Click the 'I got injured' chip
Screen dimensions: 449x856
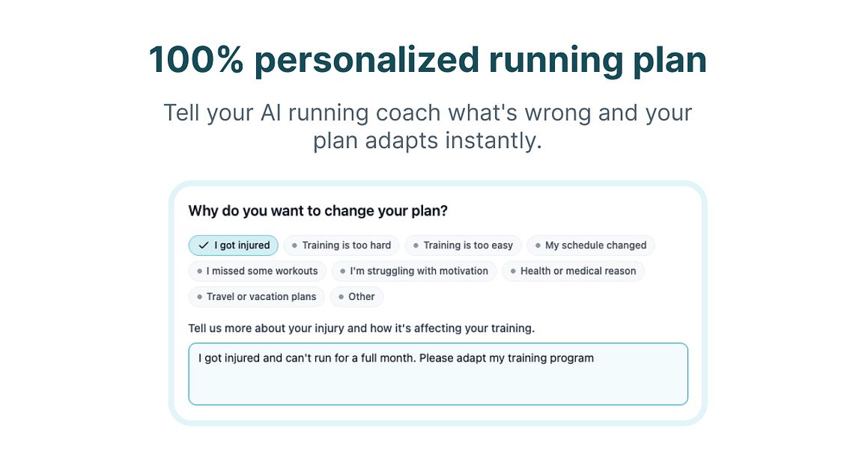(x=233, y=245)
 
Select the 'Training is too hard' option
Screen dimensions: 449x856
(x=342, y=245)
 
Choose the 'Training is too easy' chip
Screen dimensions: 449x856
(x=463, y=245)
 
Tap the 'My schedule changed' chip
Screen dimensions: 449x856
(x=591, y=245)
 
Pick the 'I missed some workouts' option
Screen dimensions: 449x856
(x=257, y=271)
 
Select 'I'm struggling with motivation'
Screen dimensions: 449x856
(x=413, y=271)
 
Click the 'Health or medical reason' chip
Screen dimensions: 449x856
(x=573, y=271)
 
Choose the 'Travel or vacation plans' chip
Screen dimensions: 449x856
(x=256, y=297)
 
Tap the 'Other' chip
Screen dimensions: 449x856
(x=356, y=297)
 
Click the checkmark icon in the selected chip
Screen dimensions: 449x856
(x=203, y=245)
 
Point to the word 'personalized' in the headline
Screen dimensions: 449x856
(x=366, y=60)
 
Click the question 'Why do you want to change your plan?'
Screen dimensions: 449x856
(x=318, y=211)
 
